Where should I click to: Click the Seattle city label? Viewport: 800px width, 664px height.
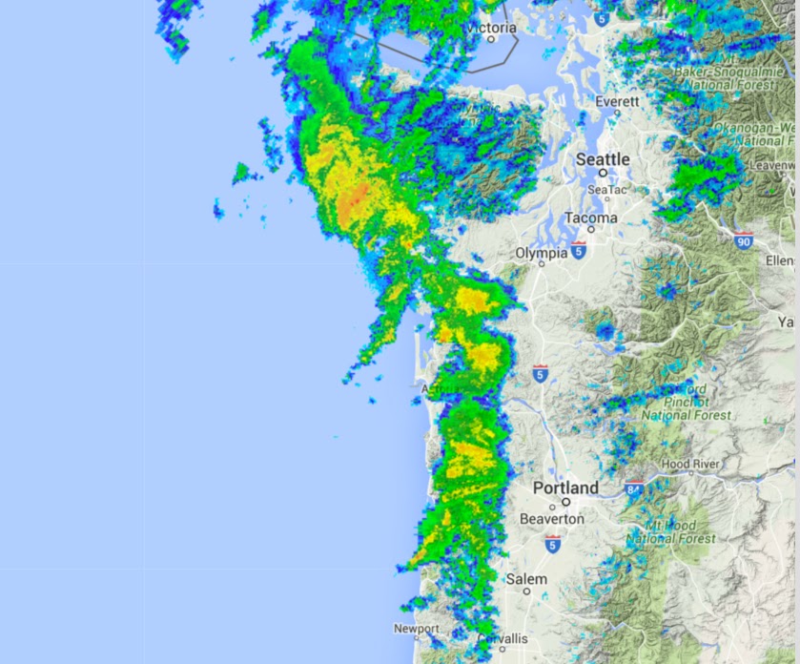pos(603,159)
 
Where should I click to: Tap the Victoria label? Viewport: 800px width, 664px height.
pos(492,28)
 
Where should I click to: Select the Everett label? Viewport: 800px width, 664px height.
pos(617,101)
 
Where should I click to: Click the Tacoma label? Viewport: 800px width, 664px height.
pos(590,218)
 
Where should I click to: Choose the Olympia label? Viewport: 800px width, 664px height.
pos(541,254)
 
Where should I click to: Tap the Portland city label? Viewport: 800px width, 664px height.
pos(565,488)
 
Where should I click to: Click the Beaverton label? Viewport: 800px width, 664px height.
pos(551,519)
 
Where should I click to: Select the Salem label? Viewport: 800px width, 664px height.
pos(526,579)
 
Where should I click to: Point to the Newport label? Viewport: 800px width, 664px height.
pos(417,629)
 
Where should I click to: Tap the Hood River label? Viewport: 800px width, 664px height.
pos(690,464)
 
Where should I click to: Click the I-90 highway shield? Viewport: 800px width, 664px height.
pos(744,239)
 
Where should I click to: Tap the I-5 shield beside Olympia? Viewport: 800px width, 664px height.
pos(578,250)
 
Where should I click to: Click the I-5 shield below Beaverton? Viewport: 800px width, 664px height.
pos(552,544)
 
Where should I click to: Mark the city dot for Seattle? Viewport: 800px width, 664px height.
pos(603,173)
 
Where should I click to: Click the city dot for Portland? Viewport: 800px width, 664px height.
pos(565,502)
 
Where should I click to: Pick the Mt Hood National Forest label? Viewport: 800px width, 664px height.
pos(671,532)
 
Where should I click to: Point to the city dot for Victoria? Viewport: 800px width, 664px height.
pos(491,39)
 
